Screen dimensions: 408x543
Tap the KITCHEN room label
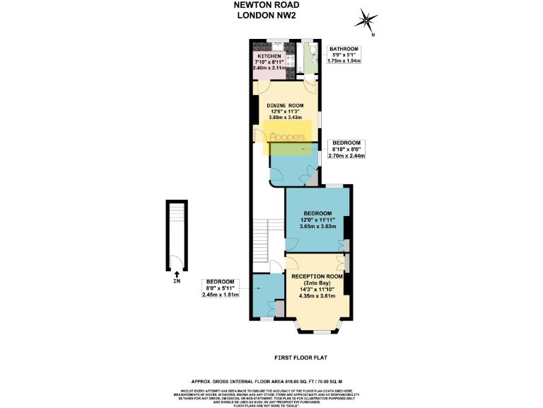coord(269,56)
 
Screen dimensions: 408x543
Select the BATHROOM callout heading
coord(344,49)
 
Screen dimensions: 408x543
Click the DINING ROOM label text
coord(285,104)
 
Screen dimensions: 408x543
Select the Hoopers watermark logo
coord(286,136)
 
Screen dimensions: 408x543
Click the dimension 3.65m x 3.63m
coord(317,227)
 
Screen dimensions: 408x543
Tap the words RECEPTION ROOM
coord(318,275)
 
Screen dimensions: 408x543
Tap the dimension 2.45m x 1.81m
coord(221,295)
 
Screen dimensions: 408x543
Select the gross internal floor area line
coord(271,380)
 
